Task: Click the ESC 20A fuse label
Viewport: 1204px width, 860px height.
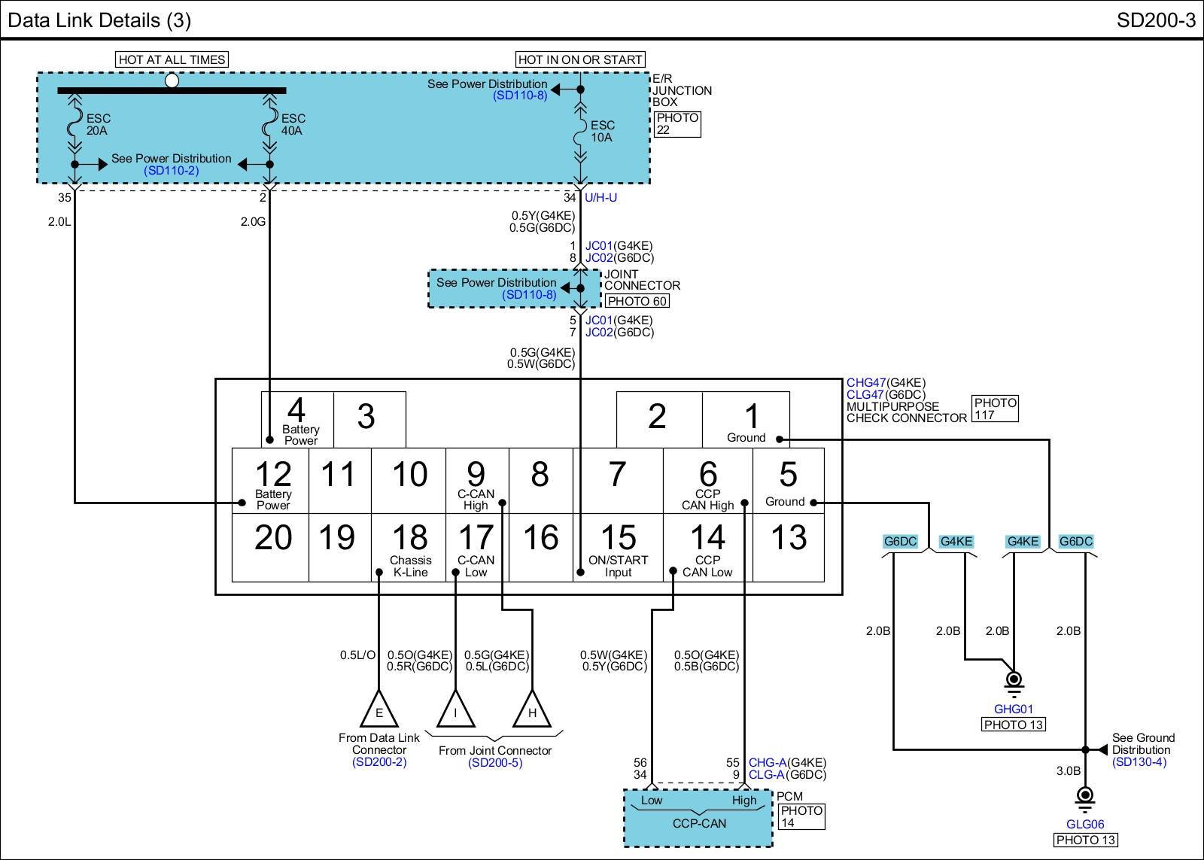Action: click(x=99, y=124)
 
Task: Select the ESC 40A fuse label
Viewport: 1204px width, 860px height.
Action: click(x=293, y=124)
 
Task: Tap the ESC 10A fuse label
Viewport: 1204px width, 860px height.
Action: click(x=603, y=131)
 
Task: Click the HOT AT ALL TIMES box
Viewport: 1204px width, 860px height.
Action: click(x=172, y=59)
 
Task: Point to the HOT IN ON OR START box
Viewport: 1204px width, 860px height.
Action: click(x=580, y=59)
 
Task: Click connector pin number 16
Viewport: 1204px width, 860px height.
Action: click(x=541, y=537)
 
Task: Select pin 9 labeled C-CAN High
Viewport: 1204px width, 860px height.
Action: click(x=476, y=483)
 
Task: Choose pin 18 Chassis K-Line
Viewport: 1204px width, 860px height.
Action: click(x=411, y=549)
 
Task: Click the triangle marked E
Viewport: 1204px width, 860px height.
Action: click(x=379, y=710)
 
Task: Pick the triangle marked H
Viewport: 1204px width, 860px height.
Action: click(x=532, y=710)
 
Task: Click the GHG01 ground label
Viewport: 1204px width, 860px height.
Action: click(x=1013, y=709)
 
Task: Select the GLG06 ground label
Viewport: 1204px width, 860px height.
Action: click(x=1085, y=824)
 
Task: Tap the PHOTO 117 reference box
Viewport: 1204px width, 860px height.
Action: click(x=996, y=409)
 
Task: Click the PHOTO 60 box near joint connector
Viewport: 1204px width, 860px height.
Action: click(x=637, y=301)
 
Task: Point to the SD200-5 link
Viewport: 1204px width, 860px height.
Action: click(x=495, y=763)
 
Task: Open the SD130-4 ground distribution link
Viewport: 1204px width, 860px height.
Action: click(x=1139, y=762)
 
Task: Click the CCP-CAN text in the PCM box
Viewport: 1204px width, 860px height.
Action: click(x=699, y=823)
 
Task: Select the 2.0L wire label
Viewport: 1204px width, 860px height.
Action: click(x=59, y=221)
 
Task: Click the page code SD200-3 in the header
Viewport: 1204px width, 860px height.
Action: click(x=1156, y=20)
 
